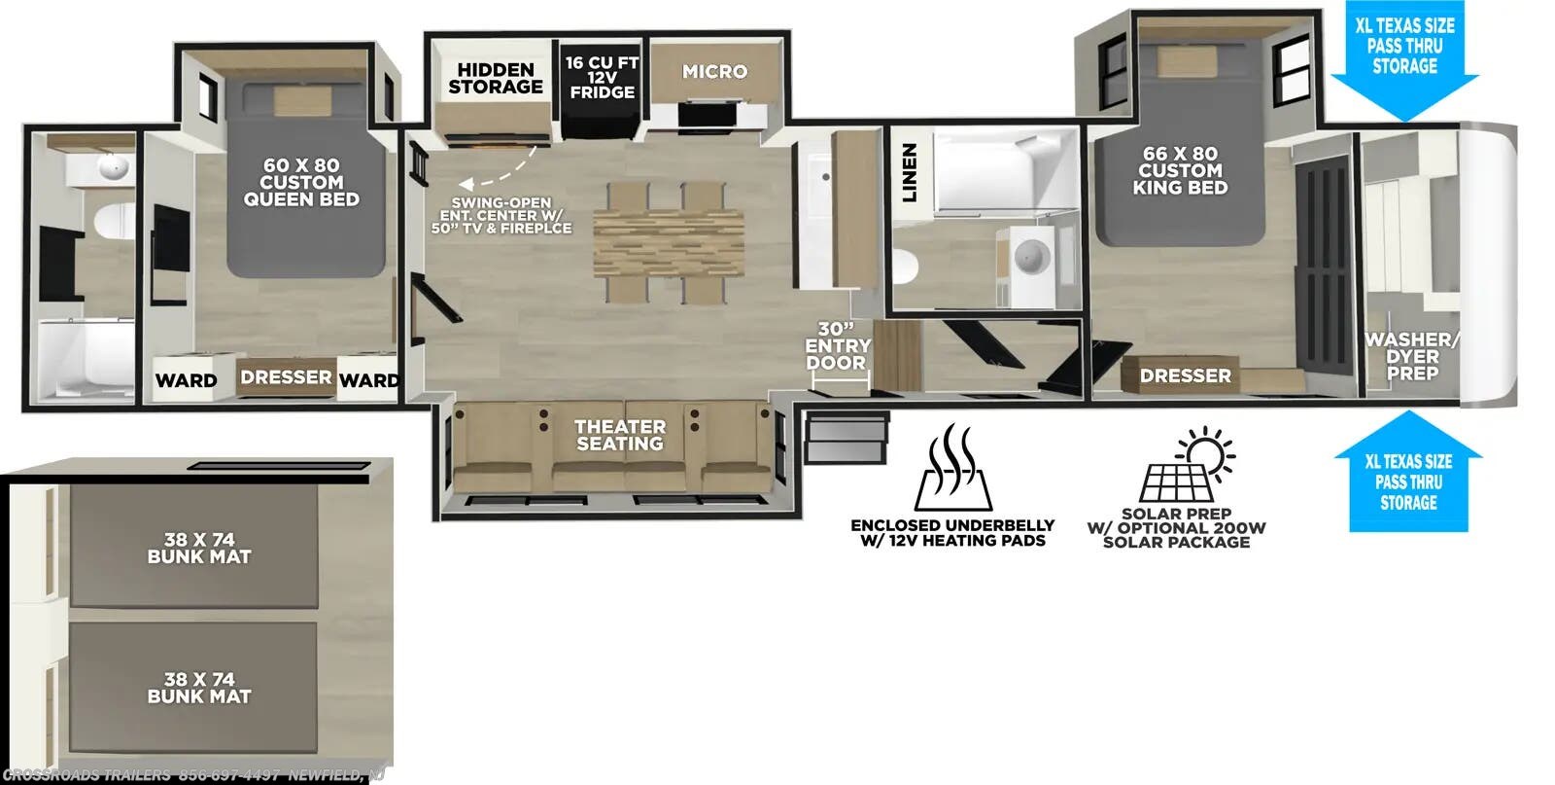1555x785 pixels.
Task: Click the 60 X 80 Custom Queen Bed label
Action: [301, 182]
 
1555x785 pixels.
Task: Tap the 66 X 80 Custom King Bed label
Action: [1180, 170]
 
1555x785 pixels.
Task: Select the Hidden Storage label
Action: [495, 78]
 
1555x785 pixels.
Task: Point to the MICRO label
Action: [714, 71]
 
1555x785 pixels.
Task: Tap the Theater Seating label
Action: [619, 435]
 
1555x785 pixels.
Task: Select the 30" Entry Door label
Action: [837, 346]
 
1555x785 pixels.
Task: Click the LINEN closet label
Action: [910, 172]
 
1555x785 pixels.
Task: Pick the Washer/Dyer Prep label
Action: [1411, 356]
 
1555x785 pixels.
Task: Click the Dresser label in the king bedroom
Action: [1185, 375]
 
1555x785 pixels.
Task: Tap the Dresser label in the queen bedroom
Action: [286, 377]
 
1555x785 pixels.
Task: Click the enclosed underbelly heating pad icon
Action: [954, 469]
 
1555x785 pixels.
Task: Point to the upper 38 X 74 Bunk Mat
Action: [198, 548]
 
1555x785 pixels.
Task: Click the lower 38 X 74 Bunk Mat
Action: [198, 688]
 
